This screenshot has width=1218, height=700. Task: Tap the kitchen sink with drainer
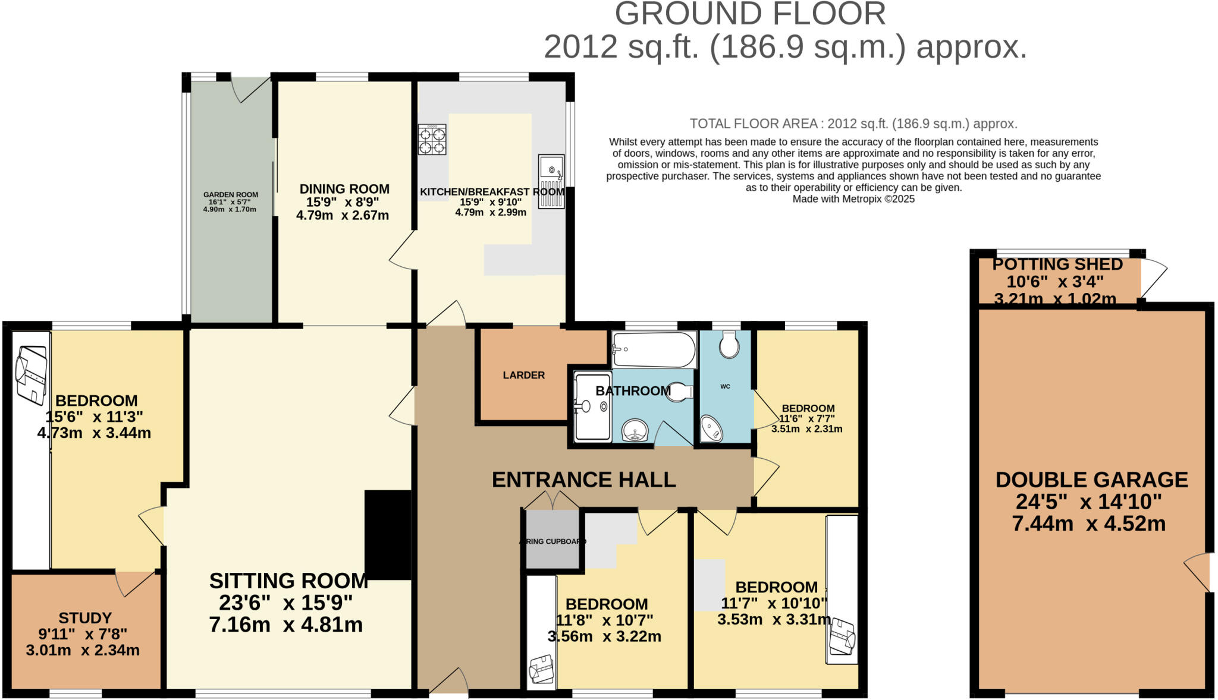tap(551, 181)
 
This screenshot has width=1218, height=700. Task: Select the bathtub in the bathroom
tap(654, 350)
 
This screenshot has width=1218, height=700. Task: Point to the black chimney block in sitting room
tap(388, 535)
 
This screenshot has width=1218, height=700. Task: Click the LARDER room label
tap(523, 376)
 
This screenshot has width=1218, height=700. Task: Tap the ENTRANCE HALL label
tap(583, 480)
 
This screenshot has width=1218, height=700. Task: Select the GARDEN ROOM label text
tap(231, 195)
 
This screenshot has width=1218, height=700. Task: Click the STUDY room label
tap(85, 618)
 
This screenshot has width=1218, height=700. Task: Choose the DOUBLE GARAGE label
tap(1091, 480)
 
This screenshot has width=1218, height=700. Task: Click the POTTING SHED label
tap(1057, 264)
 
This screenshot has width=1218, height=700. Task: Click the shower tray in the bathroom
tap(593, 406)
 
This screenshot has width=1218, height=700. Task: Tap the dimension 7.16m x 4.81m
tap(285, 625)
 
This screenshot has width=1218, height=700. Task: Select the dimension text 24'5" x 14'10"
tap(1088, 502)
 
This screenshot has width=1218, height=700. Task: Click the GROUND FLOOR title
tap(750, 14)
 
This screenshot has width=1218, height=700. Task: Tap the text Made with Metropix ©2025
tap(853, 199)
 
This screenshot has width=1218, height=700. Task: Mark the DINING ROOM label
tap(344, 189)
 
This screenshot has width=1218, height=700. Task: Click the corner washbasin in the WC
tap(711, 428)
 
